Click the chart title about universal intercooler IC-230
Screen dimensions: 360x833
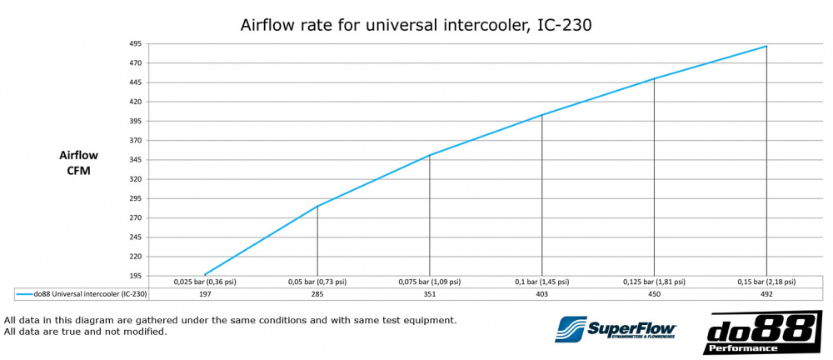coord(416,25)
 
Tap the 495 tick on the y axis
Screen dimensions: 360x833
coord(136,43)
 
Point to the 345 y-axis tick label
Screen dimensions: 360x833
coord(136,160)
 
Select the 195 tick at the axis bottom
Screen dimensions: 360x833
coord(136,276)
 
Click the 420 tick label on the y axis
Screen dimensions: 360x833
coord(136,102)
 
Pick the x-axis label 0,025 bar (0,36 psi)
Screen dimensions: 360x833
coord(205,282)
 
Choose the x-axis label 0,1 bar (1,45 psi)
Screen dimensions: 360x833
coord(541,282)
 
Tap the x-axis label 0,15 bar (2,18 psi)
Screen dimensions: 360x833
coord(766,282)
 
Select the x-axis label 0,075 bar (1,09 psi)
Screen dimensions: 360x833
coord(429,282)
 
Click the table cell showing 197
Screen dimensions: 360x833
coord(205,294)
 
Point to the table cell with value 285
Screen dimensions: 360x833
coord(317,294)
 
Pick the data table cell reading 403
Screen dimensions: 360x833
coord(541,294)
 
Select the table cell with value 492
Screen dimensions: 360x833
coord(766,294)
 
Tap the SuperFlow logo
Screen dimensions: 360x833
coord(616,329)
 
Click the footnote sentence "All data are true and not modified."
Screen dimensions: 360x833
coord(86,332)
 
